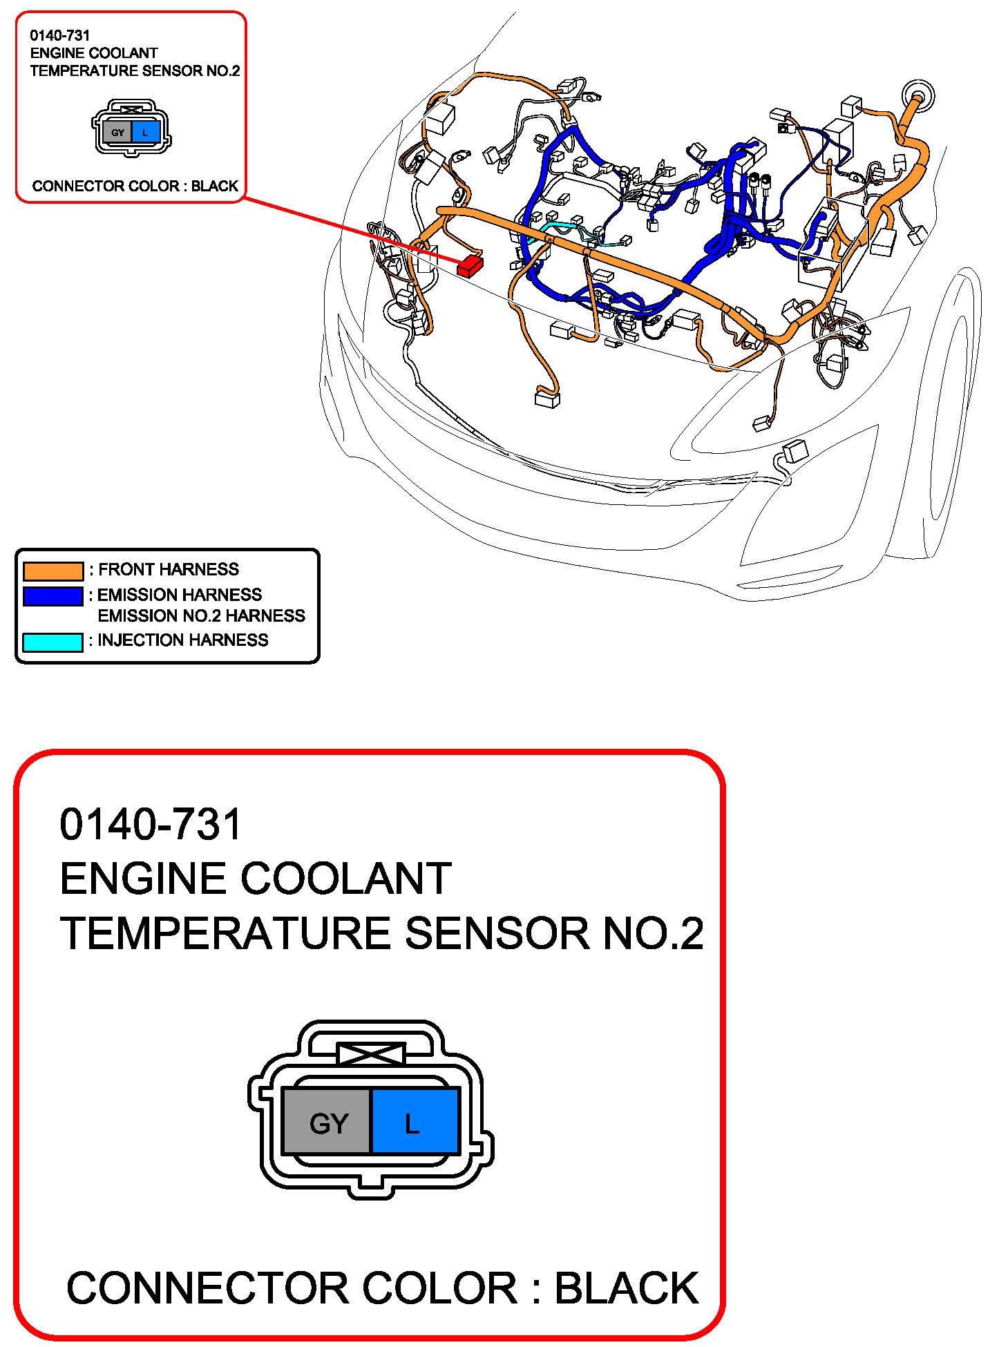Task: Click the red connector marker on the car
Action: tap(470, 265)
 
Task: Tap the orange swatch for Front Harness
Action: tap(53, 571)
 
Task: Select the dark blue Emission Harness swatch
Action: tap(53, 595)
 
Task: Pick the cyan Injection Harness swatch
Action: tap(53, 642)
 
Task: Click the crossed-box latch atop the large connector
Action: tap(370, 1054)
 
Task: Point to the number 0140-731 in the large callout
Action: tap(151, 824)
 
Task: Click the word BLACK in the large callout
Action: tap(627, 1288)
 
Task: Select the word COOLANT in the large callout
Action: tap(345, 879)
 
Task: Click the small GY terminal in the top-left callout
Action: tap(118, 132)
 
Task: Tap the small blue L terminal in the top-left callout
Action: tap(145, 132)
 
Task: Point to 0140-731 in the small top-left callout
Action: tap(60, 35)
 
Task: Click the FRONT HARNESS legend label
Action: tap(169, 570)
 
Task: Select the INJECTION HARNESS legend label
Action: tap(182, 640)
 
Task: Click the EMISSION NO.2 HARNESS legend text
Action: tap(201, 615)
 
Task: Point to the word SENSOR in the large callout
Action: tap(498, 933)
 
